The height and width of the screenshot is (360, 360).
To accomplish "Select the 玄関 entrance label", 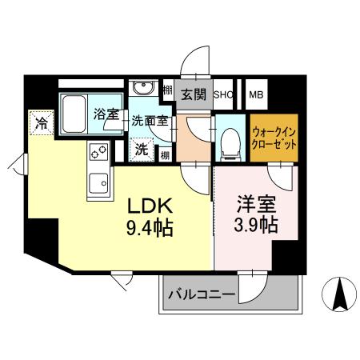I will [x=193, y=94].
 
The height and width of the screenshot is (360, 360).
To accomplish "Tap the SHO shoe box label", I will [x=222, y=94].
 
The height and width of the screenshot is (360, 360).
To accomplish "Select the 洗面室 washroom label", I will [x=150, y=122].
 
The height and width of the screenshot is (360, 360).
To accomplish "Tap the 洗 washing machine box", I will [x=141, y=148].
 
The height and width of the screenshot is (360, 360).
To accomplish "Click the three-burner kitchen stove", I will [x=98, y=150].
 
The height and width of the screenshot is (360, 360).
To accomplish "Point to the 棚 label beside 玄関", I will [x=167, y=91].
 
